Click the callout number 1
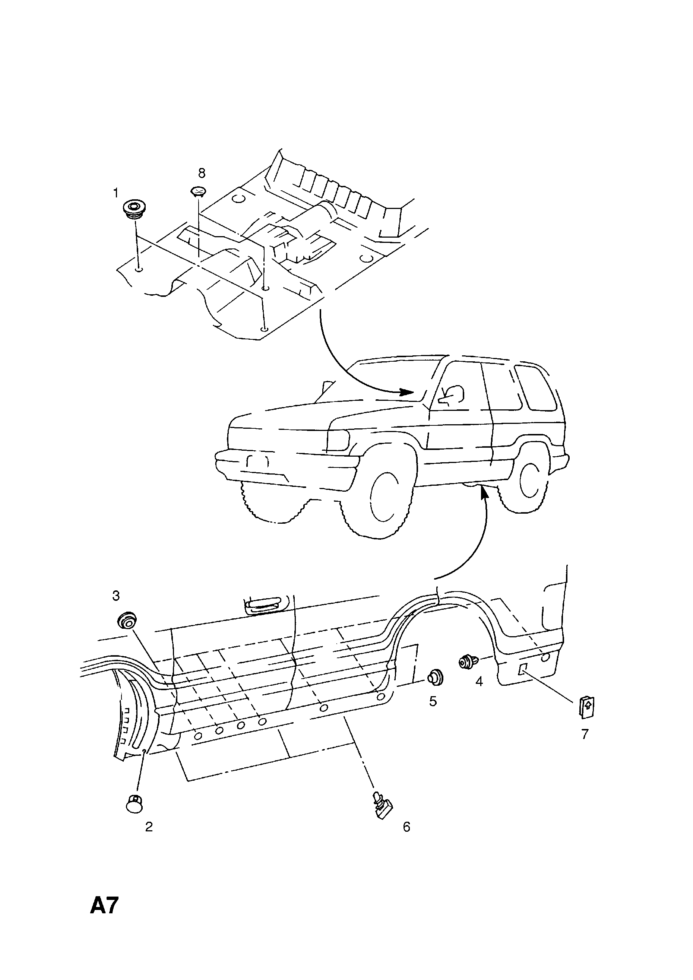click(115, 193)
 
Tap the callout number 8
click(202, 173)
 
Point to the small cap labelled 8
click(198, 192)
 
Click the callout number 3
click(116, 596)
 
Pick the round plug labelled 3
click(126, 620)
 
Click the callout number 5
click(433, 701)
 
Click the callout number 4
click(479, 682)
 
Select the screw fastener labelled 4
click(468, 662)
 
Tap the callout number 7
click(585, 734)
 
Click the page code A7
click(104, 917)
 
